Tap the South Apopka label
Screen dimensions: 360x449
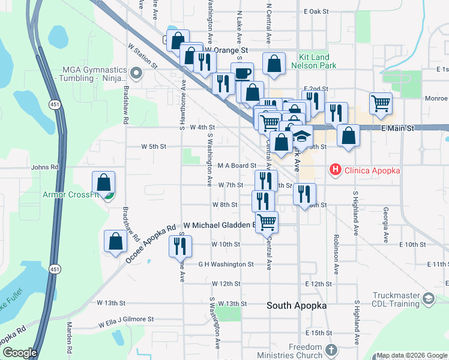(x=297, y=305)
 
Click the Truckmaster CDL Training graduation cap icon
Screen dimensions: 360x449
(x=429, y=298)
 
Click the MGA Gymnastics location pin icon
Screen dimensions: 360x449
(x=136, y=74)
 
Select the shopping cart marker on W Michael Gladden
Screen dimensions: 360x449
(x=267, y=221)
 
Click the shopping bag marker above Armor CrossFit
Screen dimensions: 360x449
(x=103, y=181)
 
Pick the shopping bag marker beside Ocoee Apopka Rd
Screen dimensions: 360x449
(x=115, y=241)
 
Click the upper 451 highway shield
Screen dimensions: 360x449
(x=54, y=104)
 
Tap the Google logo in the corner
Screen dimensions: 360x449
(x=19, y=353)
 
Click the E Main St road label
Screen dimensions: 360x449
(x=398, y=128)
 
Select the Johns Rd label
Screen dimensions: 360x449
(x=45, y=167)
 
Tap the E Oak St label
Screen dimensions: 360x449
(x=317, y=11)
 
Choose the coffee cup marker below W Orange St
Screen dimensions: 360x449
(x=242, y=73)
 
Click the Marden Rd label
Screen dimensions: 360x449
(x=70, y=345)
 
